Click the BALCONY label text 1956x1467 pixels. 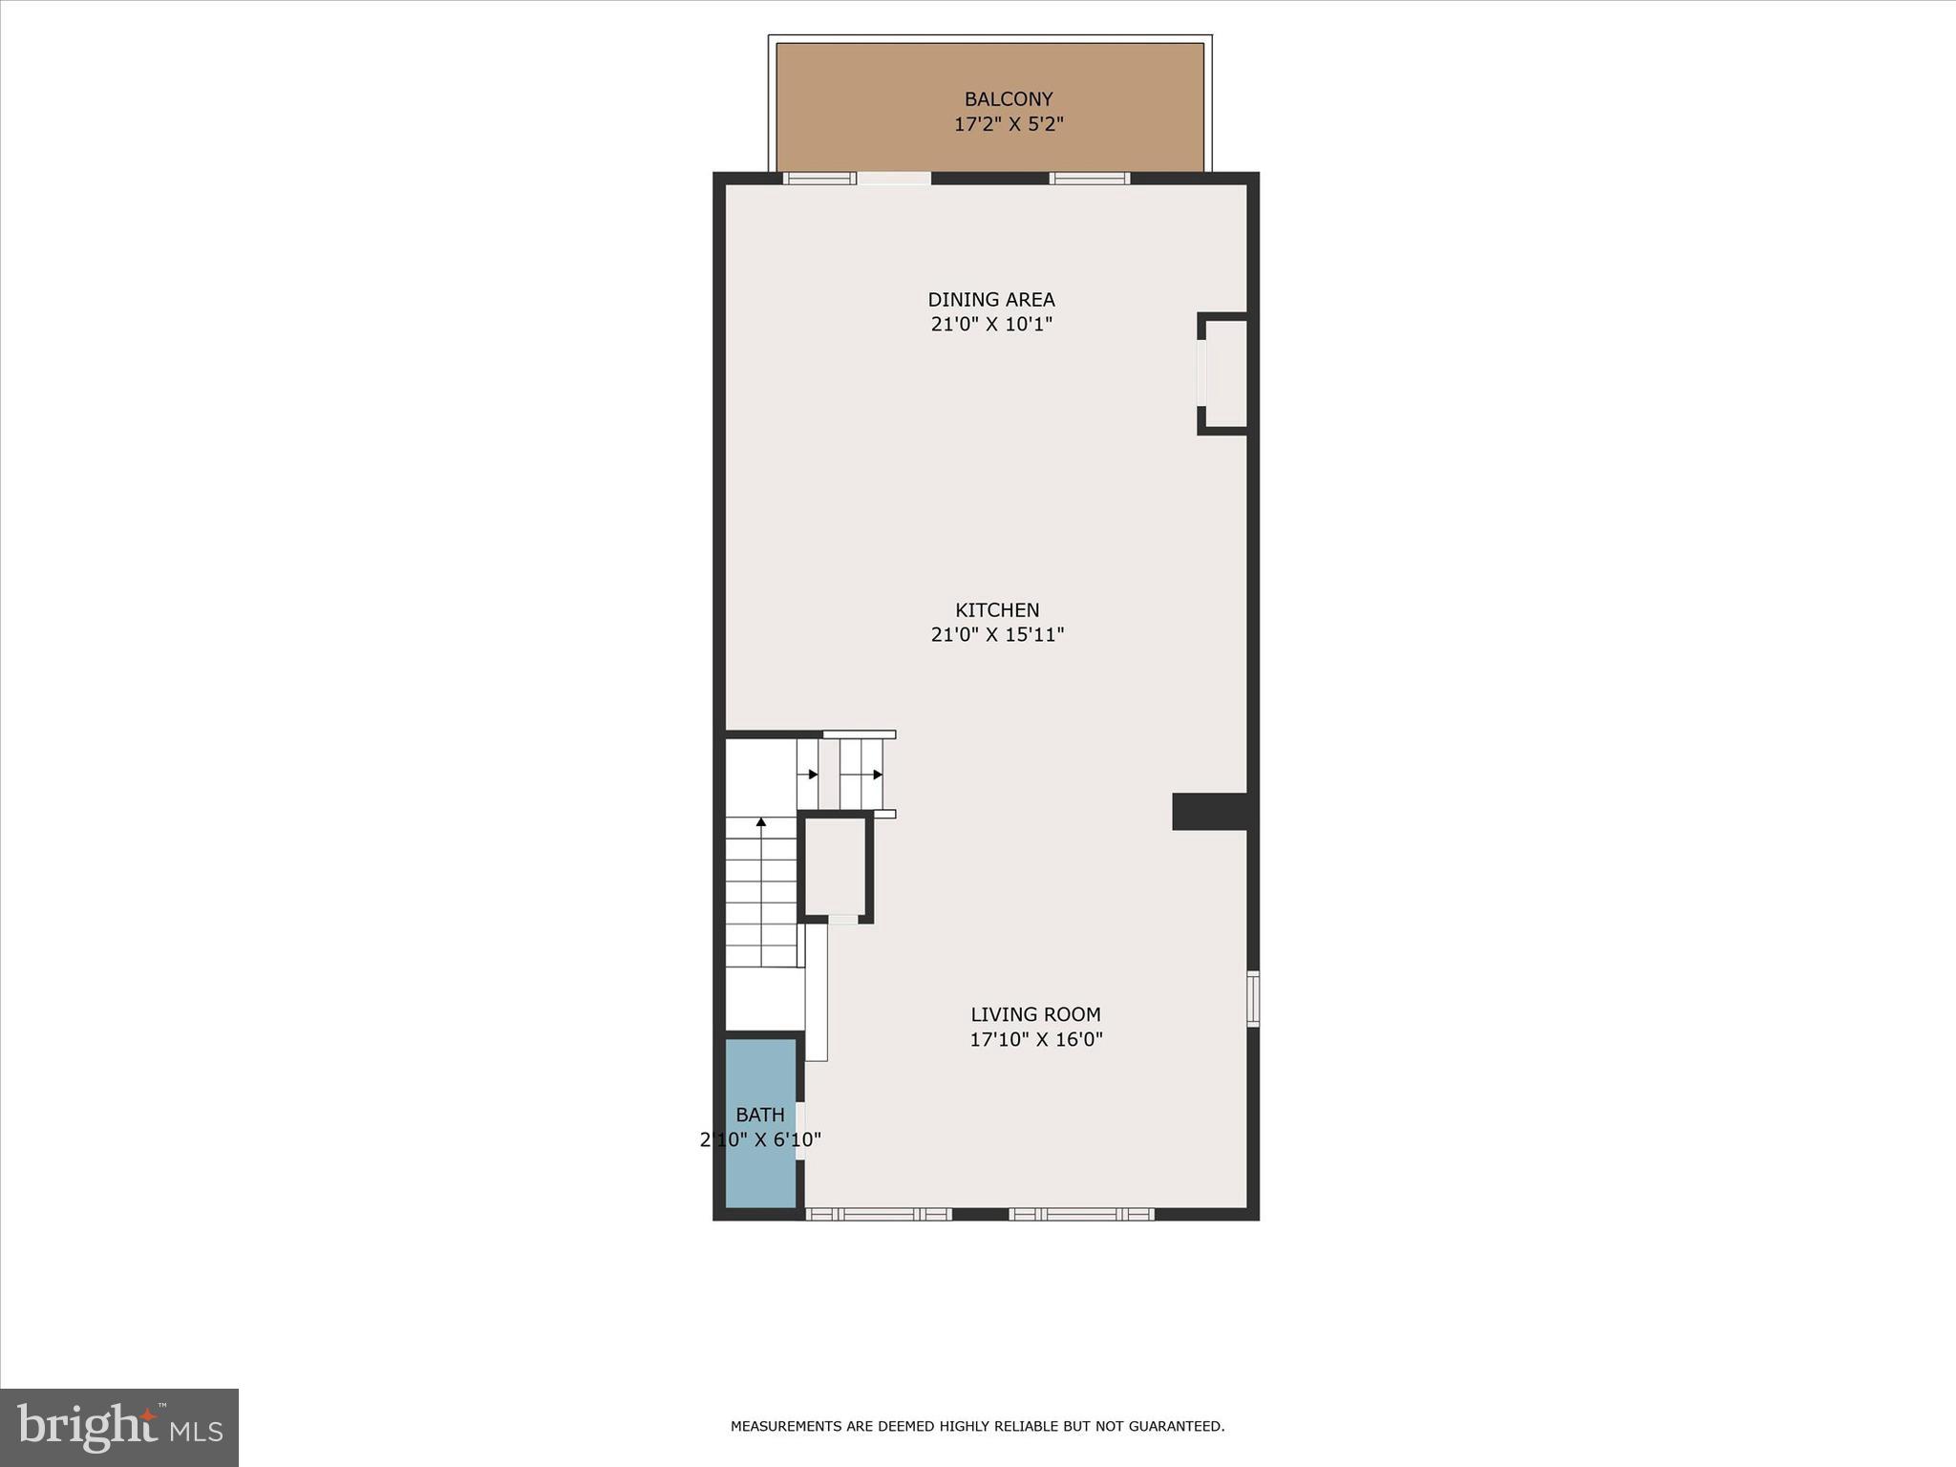click(1009, 99)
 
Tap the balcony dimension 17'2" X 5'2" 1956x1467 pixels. click(1009, 124)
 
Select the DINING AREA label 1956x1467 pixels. click(991, 300)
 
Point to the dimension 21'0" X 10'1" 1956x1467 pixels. click(991, 325)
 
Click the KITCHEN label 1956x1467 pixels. click(997, 610)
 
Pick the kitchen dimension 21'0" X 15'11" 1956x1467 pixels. click(997, 635)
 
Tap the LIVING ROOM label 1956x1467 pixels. click(1035, 1015)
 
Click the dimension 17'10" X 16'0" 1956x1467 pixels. click(1035, 1040)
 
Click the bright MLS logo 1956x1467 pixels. click(119, 1427)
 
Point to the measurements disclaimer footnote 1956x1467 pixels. click(977, 1426)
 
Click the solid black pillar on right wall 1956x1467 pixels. click(1209, 812)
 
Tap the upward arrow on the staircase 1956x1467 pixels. click(761, 822)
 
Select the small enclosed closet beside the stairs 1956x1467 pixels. click(835, 866)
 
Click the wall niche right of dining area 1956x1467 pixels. click(1225, 373)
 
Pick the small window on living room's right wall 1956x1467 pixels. click(1253, 999)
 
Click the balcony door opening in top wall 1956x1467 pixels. click(894, 179)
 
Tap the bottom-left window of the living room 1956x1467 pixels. click(879, 1214)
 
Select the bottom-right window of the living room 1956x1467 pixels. click(1081, 1214)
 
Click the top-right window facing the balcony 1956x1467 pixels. click(1090, 179)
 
